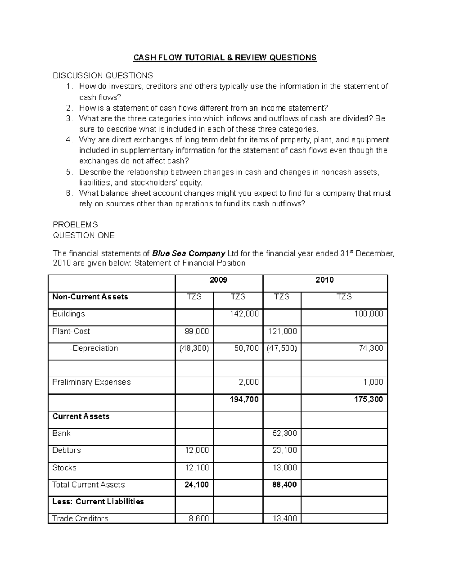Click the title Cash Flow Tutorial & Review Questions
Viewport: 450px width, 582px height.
pos(225,57)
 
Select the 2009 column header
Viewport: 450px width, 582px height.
pos(219,280)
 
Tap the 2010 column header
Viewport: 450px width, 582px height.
pos(325,280)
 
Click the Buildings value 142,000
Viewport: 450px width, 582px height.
pos(244,314)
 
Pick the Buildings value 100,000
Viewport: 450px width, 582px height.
pos(369,314)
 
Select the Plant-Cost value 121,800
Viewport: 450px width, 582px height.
pos(285,331)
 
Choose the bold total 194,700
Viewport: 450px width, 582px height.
pos(244,399)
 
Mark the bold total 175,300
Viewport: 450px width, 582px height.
pos(369,399)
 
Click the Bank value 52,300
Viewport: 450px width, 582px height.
pos(285,434)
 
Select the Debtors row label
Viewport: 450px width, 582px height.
pos(66,450)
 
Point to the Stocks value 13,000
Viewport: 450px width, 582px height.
pos(285,468)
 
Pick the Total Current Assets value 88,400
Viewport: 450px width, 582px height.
pos(285,485)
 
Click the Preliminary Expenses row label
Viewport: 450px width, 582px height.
pos(91,382)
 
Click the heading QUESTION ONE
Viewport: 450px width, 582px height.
pos(84,235)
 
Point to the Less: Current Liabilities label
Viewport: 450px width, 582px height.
pos(98,501)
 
